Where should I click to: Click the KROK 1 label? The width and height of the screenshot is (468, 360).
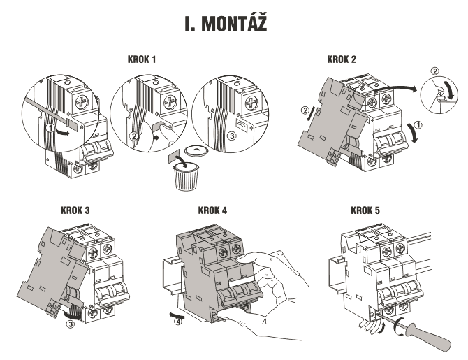142,59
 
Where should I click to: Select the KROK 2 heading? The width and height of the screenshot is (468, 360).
342,59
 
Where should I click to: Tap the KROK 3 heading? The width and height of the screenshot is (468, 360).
75,210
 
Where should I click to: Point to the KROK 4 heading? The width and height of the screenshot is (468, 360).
212,210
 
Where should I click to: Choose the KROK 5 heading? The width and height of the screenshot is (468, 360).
365,210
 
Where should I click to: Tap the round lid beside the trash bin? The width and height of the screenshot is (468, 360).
196,150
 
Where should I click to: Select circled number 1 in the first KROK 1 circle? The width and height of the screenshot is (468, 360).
50,128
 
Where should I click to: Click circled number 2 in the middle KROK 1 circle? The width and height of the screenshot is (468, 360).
134,136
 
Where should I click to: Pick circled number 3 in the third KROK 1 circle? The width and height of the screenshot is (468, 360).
232,136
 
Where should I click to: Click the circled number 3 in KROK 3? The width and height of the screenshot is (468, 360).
71,324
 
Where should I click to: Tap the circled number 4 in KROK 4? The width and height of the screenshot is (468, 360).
178,322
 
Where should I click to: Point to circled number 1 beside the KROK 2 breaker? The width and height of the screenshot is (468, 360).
418,124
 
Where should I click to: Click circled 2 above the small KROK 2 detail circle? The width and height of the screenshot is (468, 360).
435,71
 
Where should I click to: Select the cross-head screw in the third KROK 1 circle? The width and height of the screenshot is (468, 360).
252,103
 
